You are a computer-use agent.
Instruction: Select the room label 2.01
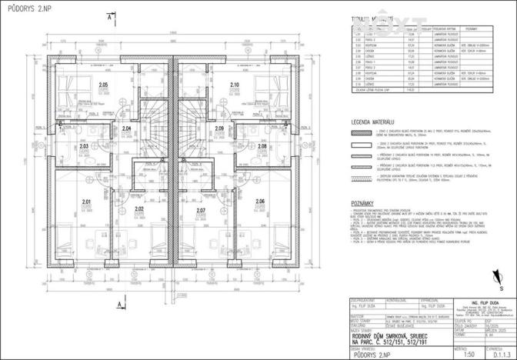87,202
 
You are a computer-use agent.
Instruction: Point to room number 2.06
258,202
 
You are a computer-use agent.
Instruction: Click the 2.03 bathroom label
85,145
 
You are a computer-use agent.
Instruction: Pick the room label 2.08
262,145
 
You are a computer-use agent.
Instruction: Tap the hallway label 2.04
126,128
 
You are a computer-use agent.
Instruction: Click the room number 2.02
139,209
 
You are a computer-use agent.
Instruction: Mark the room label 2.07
201,210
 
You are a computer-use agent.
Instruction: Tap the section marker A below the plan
112,285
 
